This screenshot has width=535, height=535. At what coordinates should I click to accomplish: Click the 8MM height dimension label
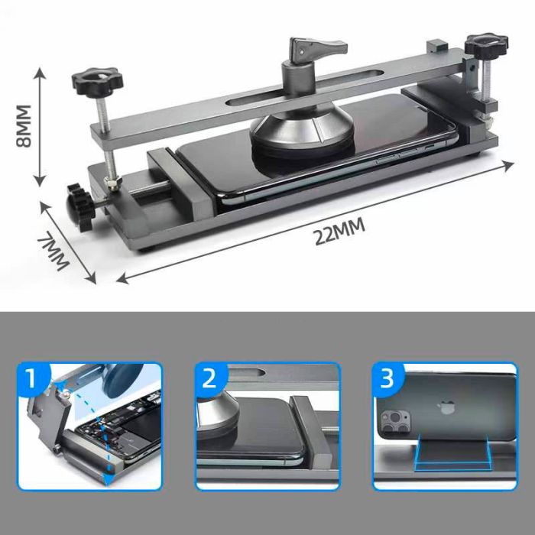pos(24,126)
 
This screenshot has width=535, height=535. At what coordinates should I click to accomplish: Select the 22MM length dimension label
pos(339,232)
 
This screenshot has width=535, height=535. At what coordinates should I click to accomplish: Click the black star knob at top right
pos(486,44)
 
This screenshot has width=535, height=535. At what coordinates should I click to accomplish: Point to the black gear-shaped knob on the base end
pos(79,207)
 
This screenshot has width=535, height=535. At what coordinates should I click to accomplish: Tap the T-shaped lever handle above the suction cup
pos(318,47)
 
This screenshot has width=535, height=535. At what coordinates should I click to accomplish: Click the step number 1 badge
pos(33,379)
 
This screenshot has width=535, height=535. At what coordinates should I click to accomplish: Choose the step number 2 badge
pos(210,379)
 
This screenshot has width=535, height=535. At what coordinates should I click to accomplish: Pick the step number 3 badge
pos(388,379)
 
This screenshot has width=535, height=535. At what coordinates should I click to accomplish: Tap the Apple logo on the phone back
pos(446,407)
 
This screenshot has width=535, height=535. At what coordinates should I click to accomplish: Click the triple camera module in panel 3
pos(395,422)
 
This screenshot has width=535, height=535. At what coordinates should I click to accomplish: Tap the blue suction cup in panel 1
pos(122,379)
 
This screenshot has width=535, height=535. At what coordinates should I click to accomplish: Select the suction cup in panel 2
pos(218,413)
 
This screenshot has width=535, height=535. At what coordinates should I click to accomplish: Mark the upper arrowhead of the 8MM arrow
pos(40,73)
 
